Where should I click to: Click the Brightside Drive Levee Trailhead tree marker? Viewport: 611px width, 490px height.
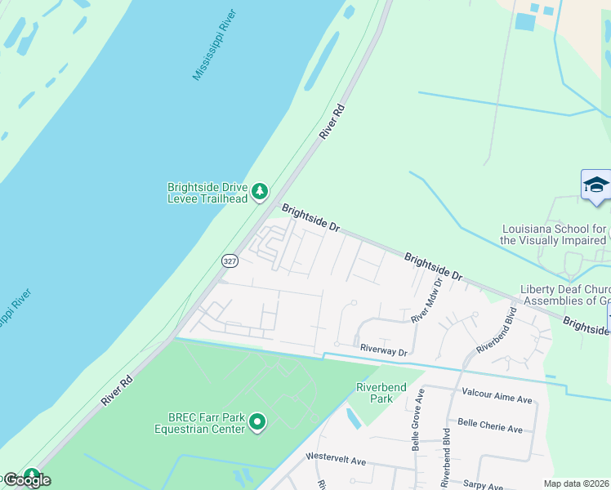click(260, 192)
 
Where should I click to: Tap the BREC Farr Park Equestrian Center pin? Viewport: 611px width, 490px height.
click(257, 421)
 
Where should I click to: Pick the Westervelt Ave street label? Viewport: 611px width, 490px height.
click(335, 460)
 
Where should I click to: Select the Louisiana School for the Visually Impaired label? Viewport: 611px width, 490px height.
click(553, 234)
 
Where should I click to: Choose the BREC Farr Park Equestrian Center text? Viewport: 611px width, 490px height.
click(200, 421)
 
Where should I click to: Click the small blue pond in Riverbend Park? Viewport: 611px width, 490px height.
click(353, 419)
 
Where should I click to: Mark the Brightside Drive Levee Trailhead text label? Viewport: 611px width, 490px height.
click(207, 192)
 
